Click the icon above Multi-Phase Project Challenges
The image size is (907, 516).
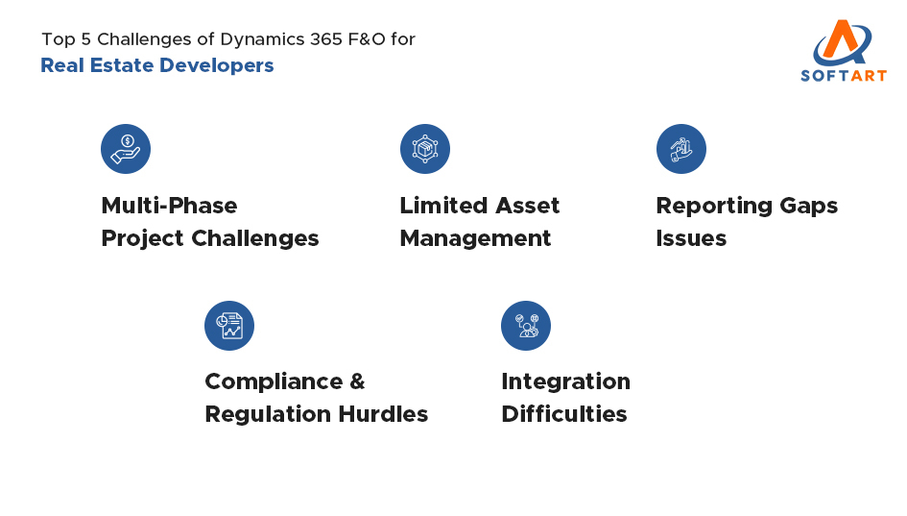[126, 149]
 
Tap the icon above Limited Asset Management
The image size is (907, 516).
[424, 149]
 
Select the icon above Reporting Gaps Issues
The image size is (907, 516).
[681, 149]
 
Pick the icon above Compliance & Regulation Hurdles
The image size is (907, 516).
[229, 326]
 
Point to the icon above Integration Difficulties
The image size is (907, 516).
[526, 326]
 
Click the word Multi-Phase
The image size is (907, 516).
[169, 206]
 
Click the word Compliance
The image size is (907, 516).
[271, 381]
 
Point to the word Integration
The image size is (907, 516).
[565, 381]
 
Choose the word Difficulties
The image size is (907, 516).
[563, 414]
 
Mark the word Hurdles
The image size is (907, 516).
[389, 414]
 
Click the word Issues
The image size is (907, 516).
[691, 238]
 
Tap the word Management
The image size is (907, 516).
[475, 238]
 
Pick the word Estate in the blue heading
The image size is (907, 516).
[123, 65]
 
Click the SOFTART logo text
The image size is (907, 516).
[844, 75]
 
